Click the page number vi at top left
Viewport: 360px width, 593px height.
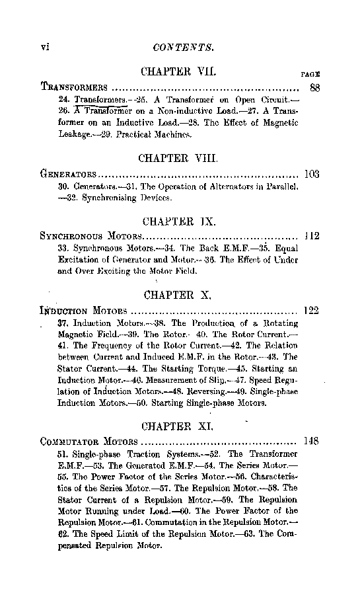[x=46, y=47]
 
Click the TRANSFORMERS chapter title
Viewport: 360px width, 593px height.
[x=74, y=87]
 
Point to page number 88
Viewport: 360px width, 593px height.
[x=314, y=87]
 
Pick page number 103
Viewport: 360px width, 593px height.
[x=311, y=175]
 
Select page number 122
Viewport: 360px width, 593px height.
[x=311, y=309]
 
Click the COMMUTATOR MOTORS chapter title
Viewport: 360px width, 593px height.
[x=89, y=442]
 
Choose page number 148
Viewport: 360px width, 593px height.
[x=311, y=441]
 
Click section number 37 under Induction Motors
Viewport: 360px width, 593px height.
[x=63, y=323]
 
